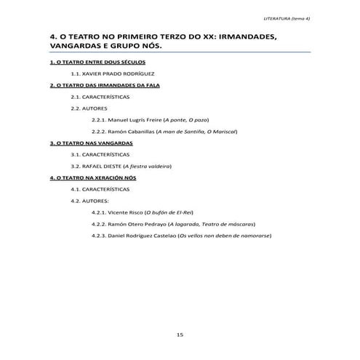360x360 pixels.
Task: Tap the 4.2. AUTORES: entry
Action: click(x=89, y=200)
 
